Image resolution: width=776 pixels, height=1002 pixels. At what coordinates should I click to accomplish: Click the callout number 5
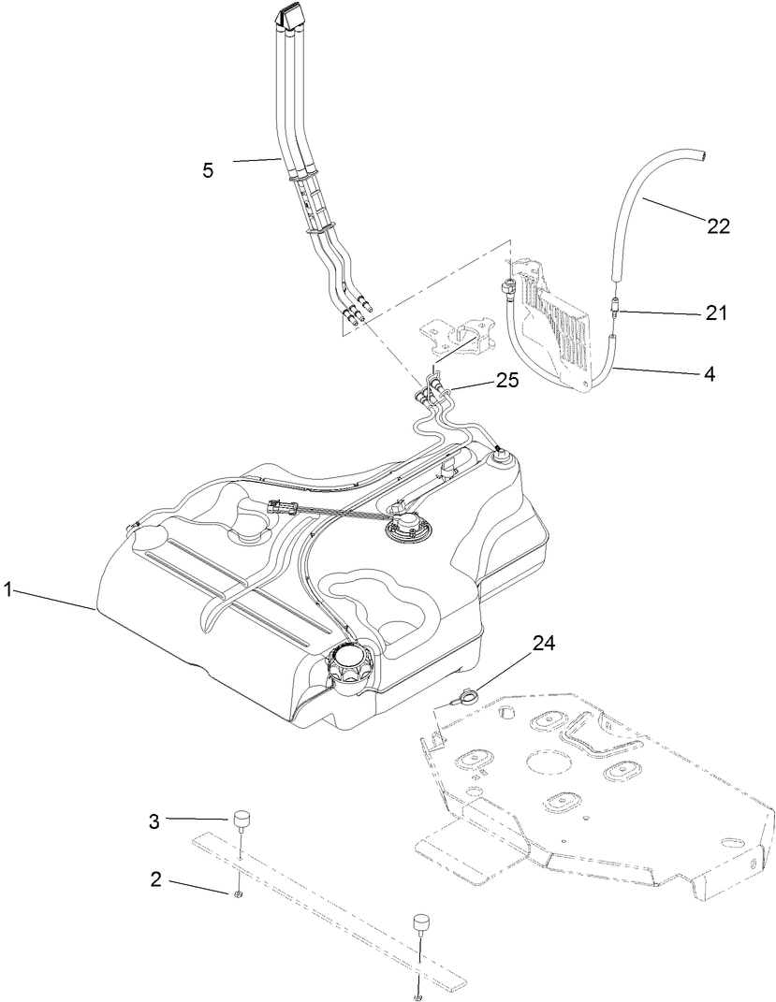point(208,170)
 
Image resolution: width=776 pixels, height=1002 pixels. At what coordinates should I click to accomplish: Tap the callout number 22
point(718,225)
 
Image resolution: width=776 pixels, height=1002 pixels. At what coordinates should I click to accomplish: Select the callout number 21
point(716,313)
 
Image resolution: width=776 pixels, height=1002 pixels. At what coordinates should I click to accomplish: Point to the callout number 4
point(710,373)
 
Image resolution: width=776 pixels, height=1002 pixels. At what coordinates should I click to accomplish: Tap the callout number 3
point(154,820)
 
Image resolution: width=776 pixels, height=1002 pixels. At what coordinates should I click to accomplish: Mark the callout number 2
point(156,879)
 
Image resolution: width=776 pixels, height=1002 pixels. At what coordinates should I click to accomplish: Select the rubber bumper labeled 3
point(243,821)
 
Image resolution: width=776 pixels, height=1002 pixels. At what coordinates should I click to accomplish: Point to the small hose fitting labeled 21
point(614,305)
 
